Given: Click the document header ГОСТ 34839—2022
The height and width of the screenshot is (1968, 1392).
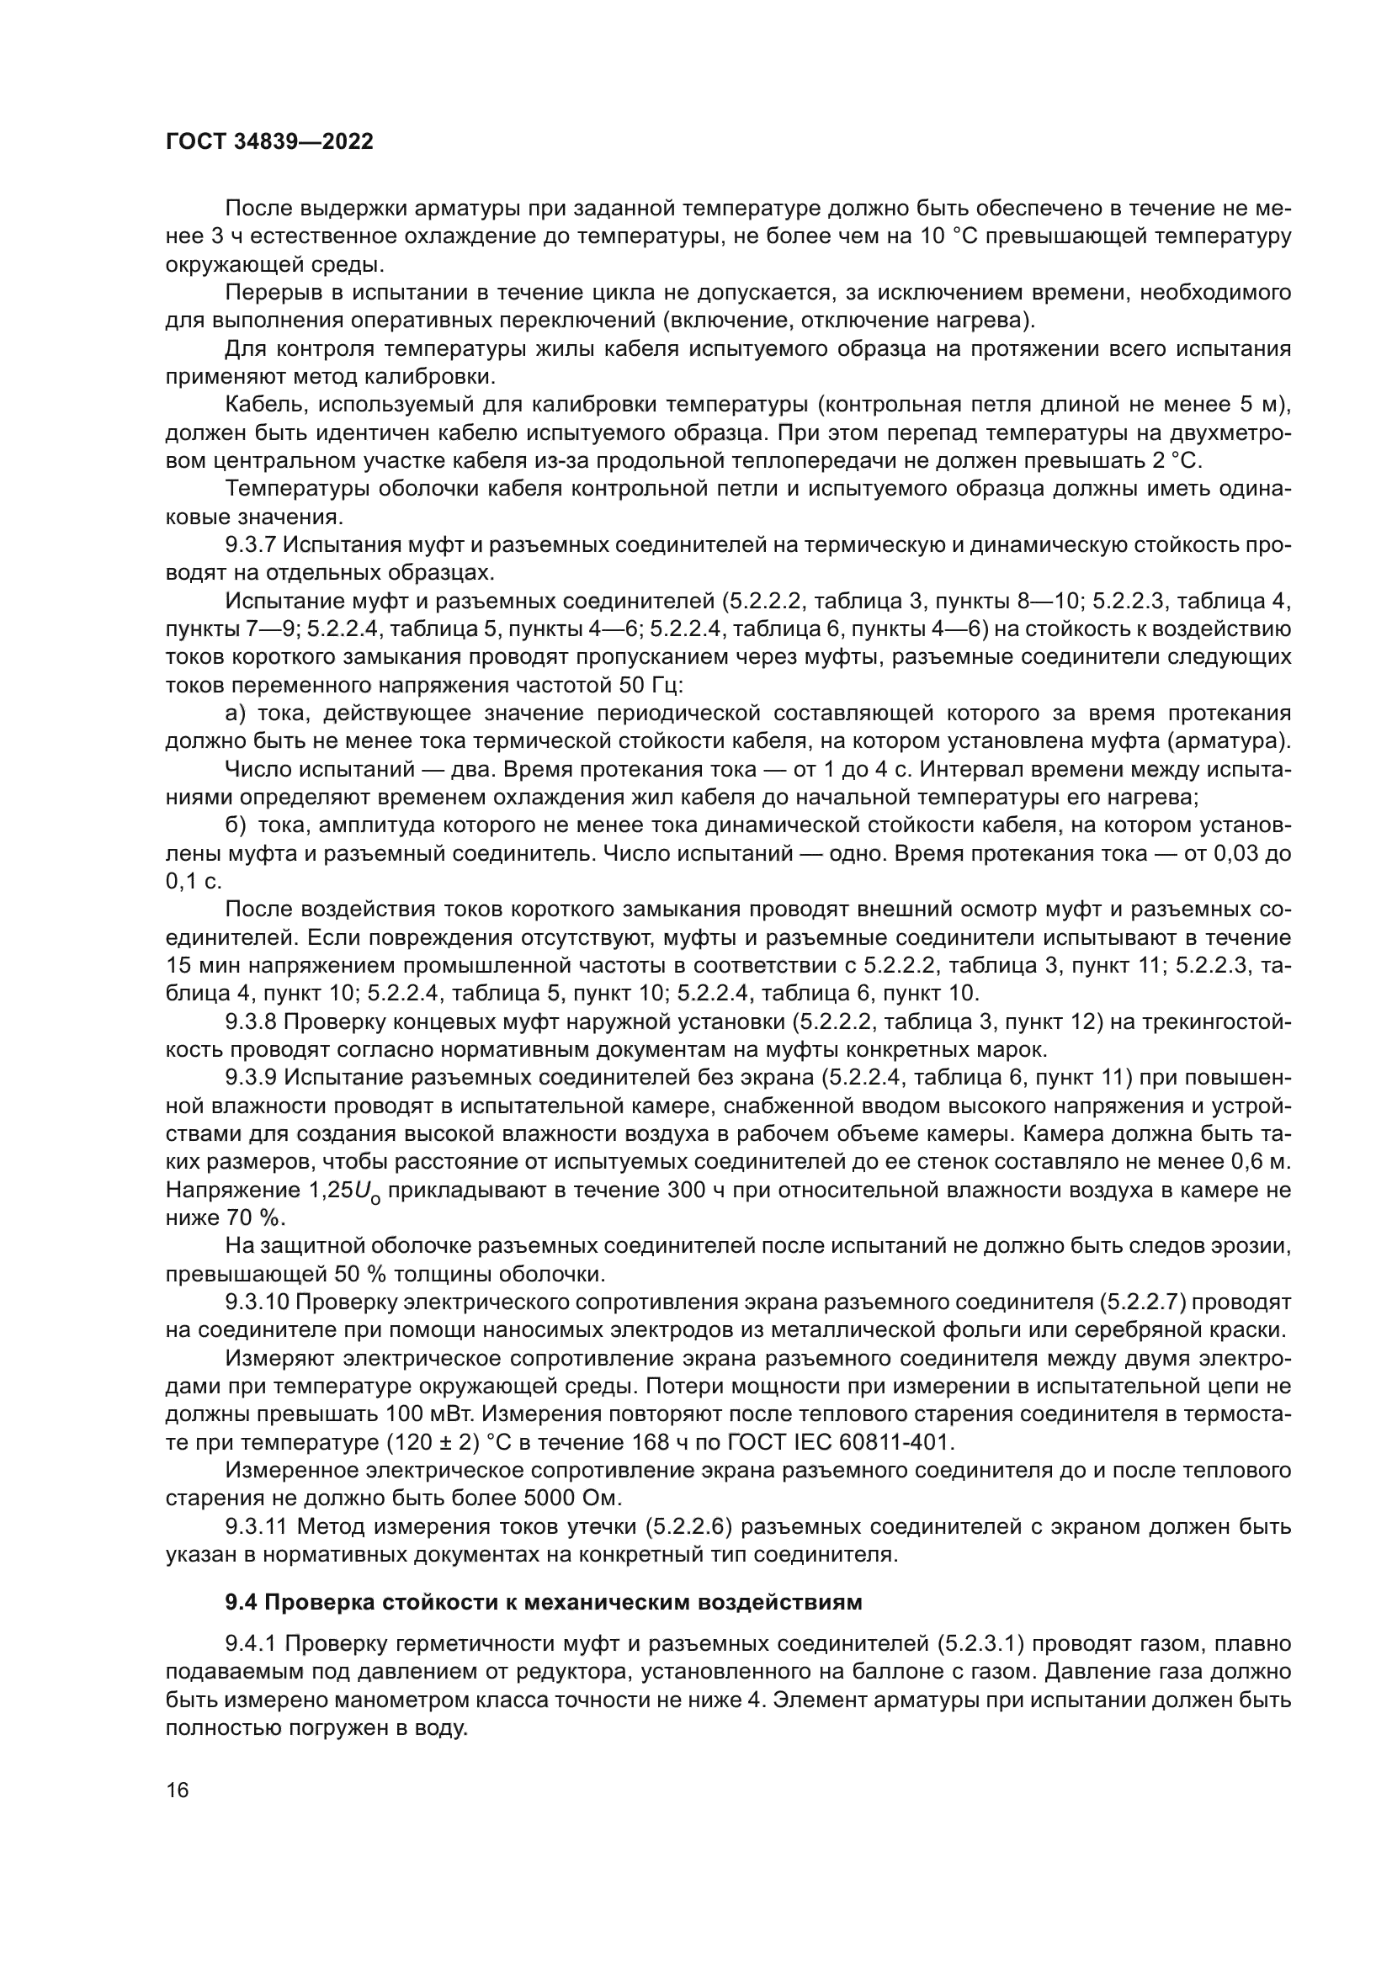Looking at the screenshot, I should (269, 142).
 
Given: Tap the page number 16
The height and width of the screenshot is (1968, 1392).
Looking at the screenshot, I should (178, 1790).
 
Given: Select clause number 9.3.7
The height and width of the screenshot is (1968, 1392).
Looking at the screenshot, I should (251, 545).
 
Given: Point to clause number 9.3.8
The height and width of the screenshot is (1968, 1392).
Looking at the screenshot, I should (251, 1021).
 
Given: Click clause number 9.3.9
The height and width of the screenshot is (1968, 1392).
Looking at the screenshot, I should (251, 1078).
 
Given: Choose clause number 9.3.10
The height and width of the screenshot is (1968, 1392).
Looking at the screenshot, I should (258, 1302).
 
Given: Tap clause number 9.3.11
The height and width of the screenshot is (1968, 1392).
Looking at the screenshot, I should (258, 1526).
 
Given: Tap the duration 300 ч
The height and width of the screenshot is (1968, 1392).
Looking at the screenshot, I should (692, 1190).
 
